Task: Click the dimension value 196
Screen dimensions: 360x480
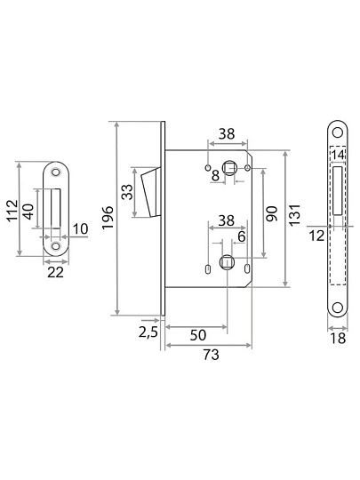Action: (x=108, y=218)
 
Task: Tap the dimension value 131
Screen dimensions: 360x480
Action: (x=295, y=215)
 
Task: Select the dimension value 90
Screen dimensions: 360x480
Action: (x=271, y=213)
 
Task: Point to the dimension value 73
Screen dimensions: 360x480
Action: (x=212, y=355)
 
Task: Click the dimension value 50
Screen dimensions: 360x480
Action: (x=198, y=335)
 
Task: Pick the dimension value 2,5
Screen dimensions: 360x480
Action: (x=148, y=332)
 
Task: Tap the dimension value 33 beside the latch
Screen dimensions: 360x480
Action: (x=127, y=192)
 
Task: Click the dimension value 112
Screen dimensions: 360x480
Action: (x=12, y=211)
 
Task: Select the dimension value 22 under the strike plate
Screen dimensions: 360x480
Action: (x=55, y=272)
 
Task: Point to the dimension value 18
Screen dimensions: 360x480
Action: (x=338, y=339)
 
